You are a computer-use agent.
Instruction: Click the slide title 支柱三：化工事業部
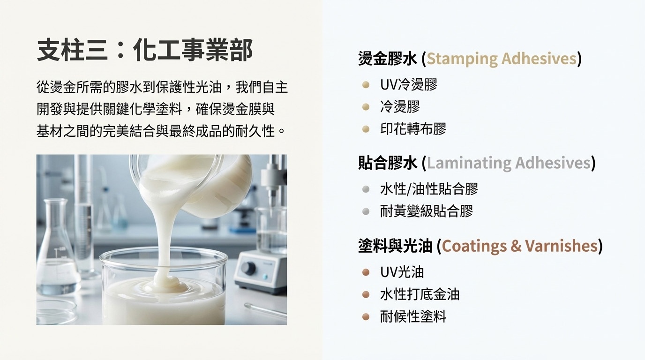(145, 50)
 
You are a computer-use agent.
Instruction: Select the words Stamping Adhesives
(501, 59)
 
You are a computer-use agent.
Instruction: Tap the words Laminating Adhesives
(508, 163)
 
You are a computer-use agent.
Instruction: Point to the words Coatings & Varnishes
(520, 246)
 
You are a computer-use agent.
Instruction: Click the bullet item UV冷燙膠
(409, 85)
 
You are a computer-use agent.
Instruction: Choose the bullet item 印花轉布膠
(413, 129)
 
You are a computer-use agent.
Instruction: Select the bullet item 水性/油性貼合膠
(429, 189)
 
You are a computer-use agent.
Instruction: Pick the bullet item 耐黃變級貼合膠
(427, 211)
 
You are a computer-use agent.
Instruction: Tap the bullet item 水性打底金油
(420, 294)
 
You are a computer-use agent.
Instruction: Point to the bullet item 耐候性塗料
(413, 316)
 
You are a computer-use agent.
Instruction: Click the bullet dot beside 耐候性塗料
(366, 316)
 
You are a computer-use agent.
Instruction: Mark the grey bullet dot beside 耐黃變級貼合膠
(366, 211)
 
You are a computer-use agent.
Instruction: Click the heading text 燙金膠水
(387, 59)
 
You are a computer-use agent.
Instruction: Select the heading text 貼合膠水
(387, 163)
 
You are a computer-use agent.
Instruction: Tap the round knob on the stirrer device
(248, 269)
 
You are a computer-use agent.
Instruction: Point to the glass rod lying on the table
(265, 310)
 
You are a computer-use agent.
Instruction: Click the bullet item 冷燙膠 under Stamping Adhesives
(400, 107)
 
